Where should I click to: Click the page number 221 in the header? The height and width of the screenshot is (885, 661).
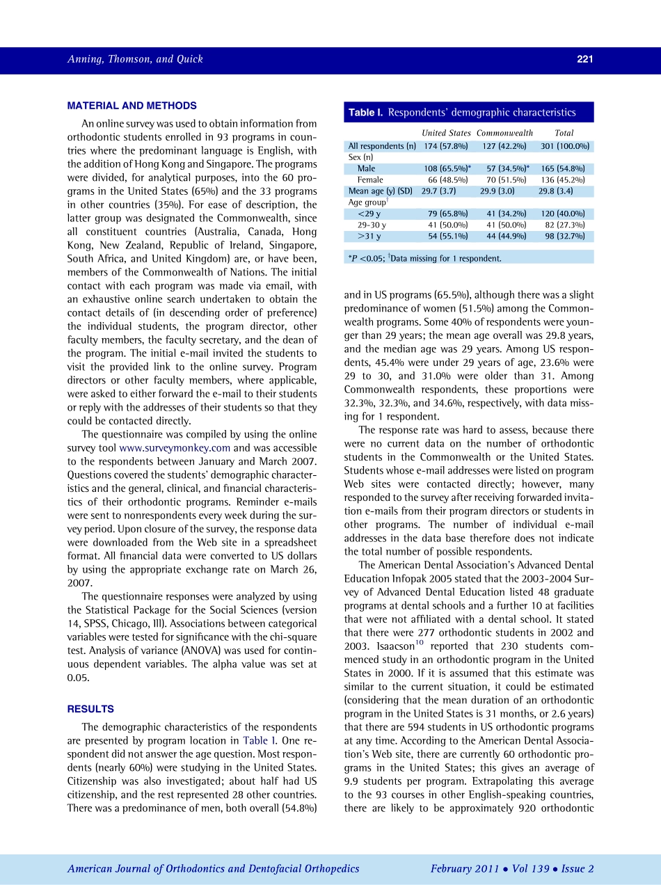pyautogui.click(x=584, y=59)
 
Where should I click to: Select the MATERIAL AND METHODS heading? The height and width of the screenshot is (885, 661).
pyautogui.click(x=132, y=106)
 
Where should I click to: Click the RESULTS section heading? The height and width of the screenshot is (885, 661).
pyautogui.click(x=90, y=709)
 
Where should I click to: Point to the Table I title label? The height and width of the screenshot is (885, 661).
pyautogui.click(x=367, y=112)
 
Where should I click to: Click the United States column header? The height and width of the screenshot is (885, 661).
pyautogui.click(x=446, y=133)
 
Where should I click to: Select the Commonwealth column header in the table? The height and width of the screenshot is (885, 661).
pyautogui.click(x=504, y=133)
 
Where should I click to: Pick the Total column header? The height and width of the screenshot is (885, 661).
pyautogui.click(x=564, y=133)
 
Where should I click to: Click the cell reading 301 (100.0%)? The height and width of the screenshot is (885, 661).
pyautogui.click(x=565, y=146)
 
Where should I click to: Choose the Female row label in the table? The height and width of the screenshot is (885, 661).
pyautogui.click(x=369, y=180)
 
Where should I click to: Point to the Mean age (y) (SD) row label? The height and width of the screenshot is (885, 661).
pyautogui.click(x=380, y=191)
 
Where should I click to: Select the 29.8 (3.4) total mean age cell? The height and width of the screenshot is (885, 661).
pyautogui.click(x=555, y=191)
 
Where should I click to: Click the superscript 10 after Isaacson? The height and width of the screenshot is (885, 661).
pyautogui.click(x=420, y=643)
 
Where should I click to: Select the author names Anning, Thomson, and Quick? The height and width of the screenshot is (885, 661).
pyautogui.click(x=135, y=59)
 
